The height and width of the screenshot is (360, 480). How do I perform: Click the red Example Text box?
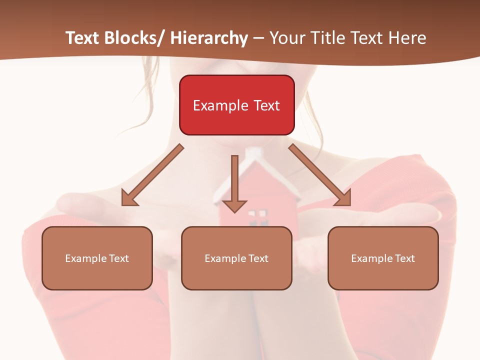point(236,105)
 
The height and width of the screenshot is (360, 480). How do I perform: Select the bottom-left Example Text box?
point(97,258)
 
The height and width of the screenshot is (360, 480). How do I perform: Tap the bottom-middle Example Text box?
point(236,258)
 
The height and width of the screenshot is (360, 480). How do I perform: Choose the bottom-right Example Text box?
point(383,258)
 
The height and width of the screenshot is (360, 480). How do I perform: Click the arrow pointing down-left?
point(152,175)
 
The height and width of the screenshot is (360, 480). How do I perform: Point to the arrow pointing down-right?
point(320,175)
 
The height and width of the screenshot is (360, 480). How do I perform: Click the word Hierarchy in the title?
point(209,38)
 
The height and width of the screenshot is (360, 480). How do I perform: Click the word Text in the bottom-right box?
point(404,258)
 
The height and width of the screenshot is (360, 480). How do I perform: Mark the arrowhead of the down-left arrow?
point(128,199)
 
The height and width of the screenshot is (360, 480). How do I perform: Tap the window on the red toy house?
point(257,216)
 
